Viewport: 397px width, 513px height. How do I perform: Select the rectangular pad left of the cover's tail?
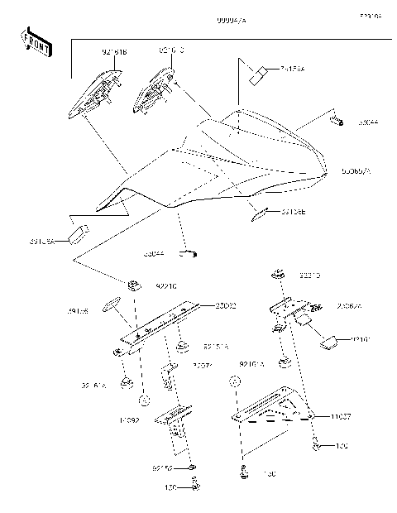click(x=79, y=232)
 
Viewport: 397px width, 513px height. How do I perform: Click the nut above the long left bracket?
click(x=132, y=286)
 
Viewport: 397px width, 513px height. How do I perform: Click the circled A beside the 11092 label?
click(x=143, y=400)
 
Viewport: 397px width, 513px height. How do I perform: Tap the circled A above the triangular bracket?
click(x=235, y=383)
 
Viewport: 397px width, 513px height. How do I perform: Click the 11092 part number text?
click(x=129, y=421)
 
